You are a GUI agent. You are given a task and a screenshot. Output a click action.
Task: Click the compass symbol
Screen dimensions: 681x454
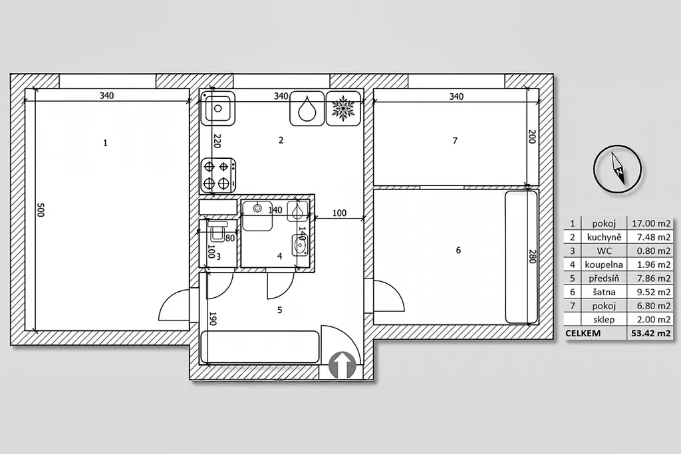[x=617, y=169]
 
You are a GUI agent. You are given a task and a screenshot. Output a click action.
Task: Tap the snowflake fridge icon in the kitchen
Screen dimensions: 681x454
[x=343, y=108]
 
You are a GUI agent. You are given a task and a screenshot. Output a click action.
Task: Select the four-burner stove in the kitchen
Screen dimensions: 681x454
[x=218, y=174]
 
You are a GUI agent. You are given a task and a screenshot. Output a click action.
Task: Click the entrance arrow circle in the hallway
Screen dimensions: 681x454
[x=342, y=364]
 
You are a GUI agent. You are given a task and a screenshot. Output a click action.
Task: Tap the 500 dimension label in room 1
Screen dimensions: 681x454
[x=41, y=209]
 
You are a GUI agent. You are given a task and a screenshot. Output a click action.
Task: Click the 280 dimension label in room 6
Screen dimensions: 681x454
[x=533, y=257]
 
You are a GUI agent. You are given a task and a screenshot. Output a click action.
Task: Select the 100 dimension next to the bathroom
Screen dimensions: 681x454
[x=340, y=213]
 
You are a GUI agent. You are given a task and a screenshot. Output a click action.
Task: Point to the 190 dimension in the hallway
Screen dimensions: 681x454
[x=213, y=318]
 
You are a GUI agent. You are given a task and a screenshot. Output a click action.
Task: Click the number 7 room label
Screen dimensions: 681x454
[x=455, y=141]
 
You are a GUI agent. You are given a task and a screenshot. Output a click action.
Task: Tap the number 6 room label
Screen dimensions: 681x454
[x=458, y=250]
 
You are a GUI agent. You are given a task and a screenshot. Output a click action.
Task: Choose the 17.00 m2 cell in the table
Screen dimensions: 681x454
[x=651, y=223]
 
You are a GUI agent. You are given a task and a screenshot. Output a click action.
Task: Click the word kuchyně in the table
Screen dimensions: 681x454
[x=604, y=237]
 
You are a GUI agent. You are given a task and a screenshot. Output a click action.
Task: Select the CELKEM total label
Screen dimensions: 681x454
[x=583, y=333]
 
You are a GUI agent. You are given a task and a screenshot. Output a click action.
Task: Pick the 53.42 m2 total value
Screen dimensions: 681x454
[x=651, y=333]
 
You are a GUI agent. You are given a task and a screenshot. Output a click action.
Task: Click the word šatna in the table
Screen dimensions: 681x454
[x=604, y=292]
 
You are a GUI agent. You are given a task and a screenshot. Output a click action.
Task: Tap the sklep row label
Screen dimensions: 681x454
[x=604, y=320]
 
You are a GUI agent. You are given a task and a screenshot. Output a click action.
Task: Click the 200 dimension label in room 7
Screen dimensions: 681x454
[x=533, y=136]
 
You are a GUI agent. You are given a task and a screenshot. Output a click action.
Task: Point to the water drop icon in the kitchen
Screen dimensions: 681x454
[x=307, y=108]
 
